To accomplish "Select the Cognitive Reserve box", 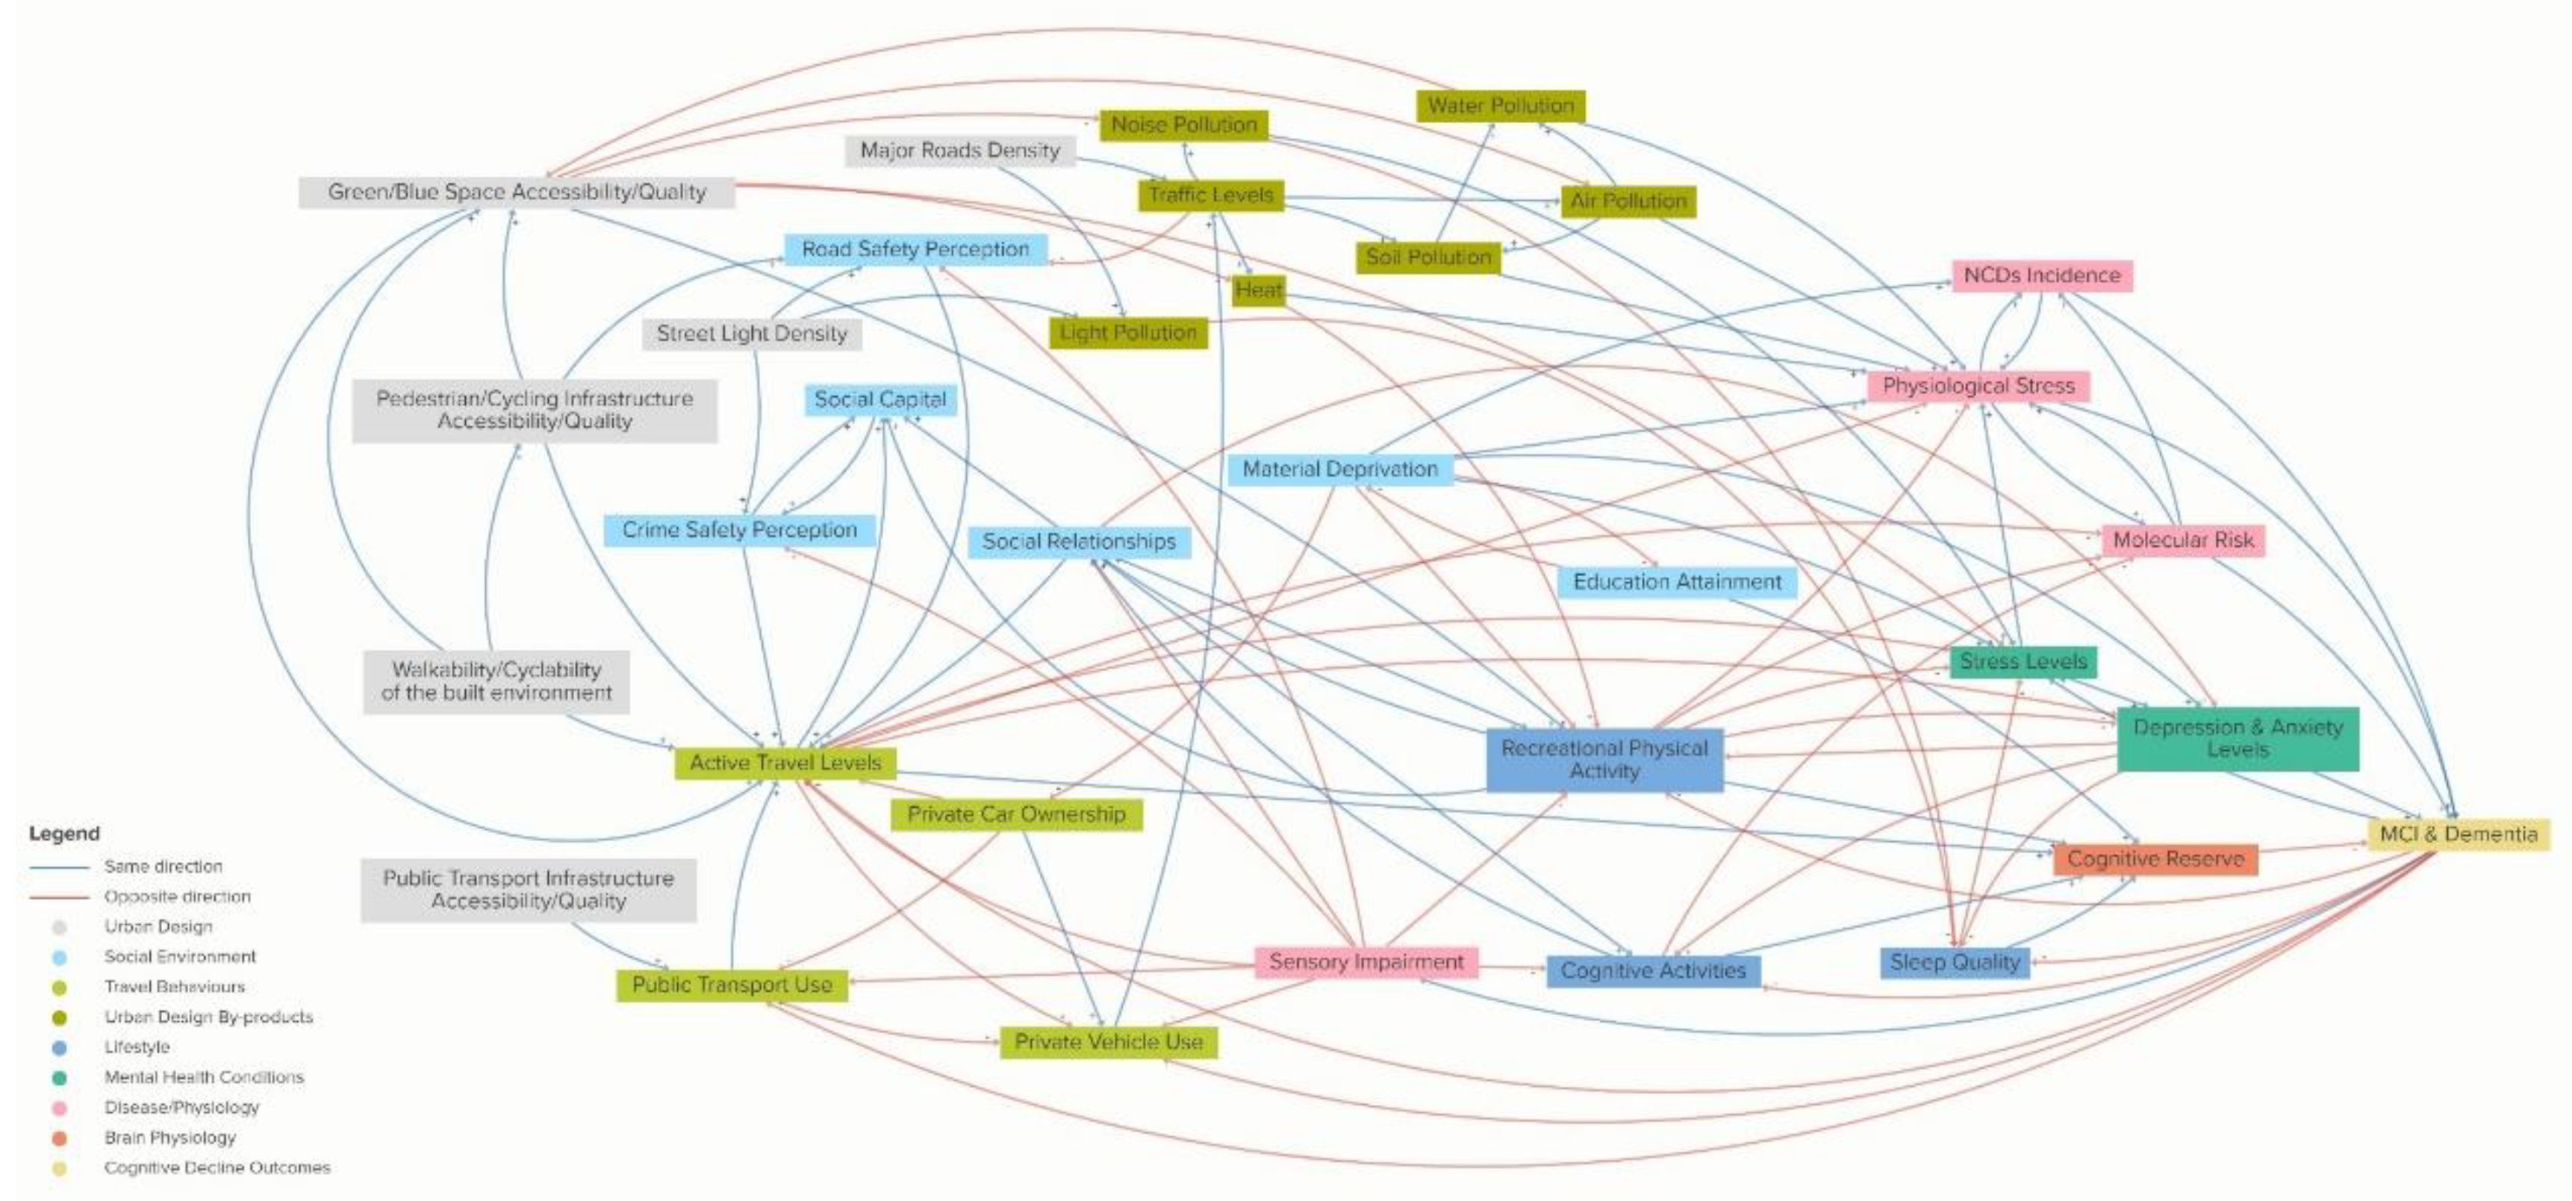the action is (x=2155, y=858).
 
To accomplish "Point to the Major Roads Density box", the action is (x=959, y=151).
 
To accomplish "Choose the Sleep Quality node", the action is (x=1954, y=962).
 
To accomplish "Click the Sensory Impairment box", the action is (x=1366, y=962).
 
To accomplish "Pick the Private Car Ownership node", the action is (x=1015, y=814).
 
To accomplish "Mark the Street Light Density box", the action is (x=751, y=334).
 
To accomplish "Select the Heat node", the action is (x=1257, y=290).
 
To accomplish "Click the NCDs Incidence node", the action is (x=2042, y=275).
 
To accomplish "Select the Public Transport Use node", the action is (x=732, y=985).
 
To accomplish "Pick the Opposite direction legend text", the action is (x=177, y=896).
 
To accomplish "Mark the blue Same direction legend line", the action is (x=59, y=867).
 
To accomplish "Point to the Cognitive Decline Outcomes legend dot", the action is (x=60, y=1168).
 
